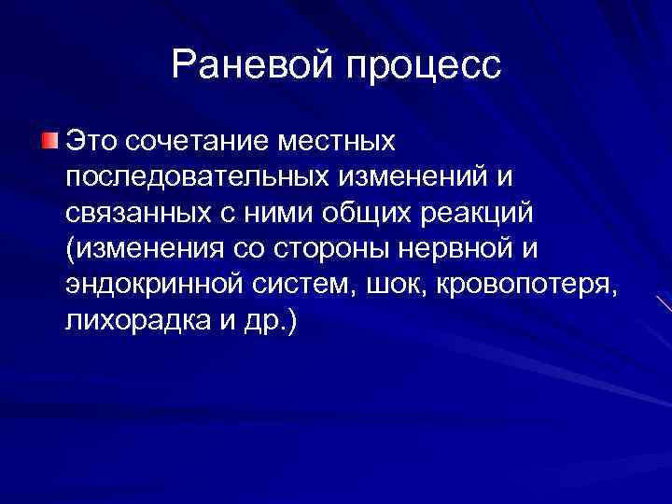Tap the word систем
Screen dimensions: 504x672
tap(303, 286)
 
